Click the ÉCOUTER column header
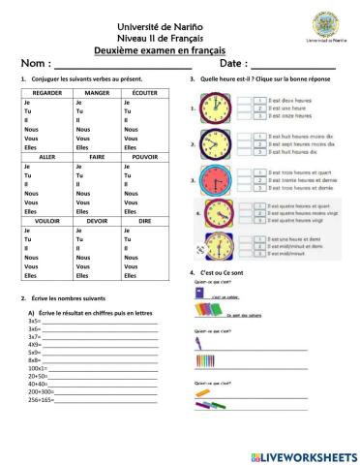[143, 92]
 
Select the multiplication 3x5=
[35, 321]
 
